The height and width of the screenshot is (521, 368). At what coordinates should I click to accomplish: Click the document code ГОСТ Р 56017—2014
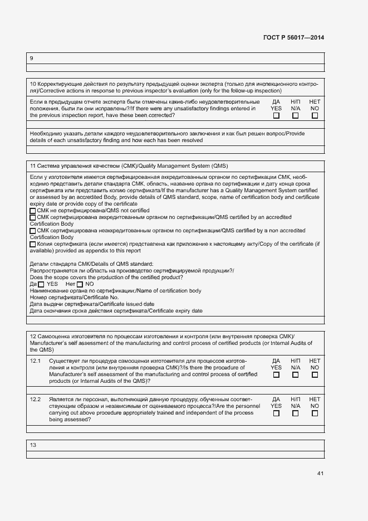coord(293,37)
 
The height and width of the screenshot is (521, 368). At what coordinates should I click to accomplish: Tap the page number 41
coord(320,474)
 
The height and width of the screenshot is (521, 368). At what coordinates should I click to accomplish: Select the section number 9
coord(31,58)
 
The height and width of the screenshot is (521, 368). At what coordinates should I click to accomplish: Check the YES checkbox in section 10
coord(276,116)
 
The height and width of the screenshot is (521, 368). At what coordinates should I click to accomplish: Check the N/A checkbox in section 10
coord(296,116)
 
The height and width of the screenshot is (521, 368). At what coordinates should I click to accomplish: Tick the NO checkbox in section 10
coord(315,116)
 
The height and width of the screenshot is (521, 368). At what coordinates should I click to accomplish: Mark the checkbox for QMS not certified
coord(32,211)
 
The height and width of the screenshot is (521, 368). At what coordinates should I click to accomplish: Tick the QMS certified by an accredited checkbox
coord(32,217)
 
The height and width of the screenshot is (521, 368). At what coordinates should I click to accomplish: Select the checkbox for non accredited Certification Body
coord(32,231)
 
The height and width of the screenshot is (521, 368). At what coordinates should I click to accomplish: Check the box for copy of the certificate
coord(32,244)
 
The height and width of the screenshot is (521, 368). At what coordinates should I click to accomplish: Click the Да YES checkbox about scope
coord(41,285)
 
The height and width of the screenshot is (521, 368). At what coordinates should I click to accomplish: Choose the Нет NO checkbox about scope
coord(80,285)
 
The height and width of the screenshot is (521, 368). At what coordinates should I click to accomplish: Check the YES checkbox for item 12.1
coord(276,375)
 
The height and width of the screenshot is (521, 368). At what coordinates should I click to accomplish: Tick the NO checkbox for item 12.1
coord(315,375)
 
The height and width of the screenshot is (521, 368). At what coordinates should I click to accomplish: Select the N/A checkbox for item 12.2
coord(296,413)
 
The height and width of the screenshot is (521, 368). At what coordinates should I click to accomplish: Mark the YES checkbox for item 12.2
coord(276,413)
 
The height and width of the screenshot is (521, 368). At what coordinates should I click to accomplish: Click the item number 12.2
coord(35,400)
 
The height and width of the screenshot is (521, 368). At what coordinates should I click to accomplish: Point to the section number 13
coord(33,445)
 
